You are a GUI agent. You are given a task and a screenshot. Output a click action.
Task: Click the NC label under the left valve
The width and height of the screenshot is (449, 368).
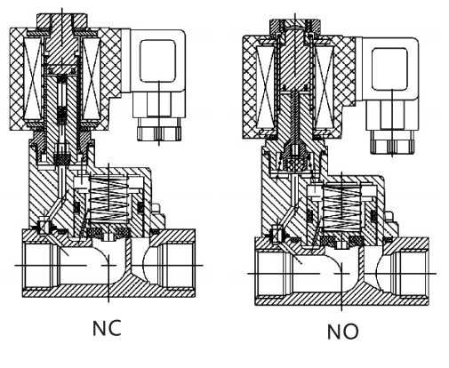107,328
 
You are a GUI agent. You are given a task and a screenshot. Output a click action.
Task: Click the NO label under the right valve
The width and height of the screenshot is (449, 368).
343,332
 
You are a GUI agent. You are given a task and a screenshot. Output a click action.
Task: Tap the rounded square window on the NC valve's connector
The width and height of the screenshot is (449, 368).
158,60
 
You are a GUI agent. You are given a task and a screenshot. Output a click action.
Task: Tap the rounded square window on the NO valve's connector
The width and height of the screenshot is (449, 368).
389,68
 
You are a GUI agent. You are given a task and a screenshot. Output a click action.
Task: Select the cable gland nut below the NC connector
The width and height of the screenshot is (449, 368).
158,130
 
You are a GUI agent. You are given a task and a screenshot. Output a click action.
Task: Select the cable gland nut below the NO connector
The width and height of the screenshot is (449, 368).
392,142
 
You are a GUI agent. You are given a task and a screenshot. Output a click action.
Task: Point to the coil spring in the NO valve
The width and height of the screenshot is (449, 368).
341,207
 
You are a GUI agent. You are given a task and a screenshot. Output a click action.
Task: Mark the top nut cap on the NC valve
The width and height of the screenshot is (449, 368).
62,20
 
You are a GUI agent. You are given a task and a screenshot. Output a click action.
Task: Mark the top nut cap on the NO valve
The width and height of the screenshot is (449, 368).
295,28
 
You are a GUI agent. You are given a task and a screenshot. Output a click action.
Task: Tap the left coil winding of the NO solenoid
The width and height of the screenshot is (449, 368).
266,87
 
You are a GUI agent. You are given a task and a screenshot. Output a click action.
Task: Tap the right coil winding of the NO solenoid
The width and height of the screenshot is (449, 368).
325,87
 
